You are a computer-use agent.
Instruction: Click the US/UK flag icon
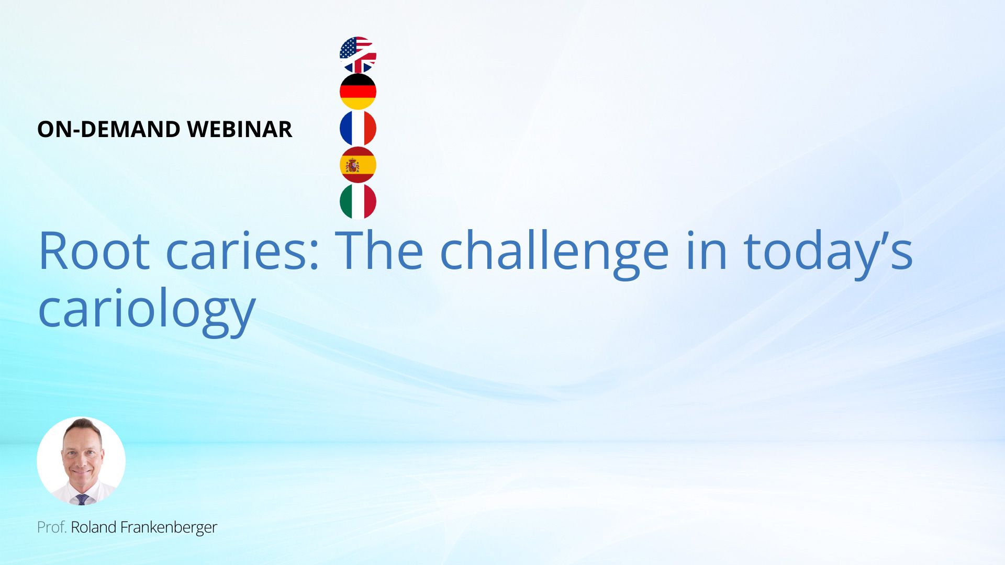click(358, 55)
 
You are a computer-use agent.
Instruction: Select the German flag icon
click(358, 92)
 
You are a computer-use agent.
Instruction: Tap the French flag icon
click(358, 128)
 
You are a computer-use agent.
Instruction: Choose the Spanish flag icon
click(358, 165)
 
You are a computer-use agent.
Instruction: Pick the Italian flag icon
click(358, 201)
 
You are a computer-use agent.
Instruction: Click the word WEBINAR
click(240, 129)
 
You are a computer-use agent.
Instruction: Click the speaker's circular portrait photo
click(81, 461)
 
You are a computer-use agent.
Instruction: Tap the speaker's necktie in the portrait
click(82, 499)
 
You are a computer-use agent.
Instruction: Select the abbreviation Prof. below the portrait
click(52, 527)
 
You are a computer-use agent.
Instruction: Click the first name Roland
click(94, 527)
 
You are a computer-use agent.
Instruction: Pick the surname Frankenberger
click(169, 528)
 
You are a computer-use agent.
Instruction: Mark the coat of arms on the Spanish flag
click(352, 165)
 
